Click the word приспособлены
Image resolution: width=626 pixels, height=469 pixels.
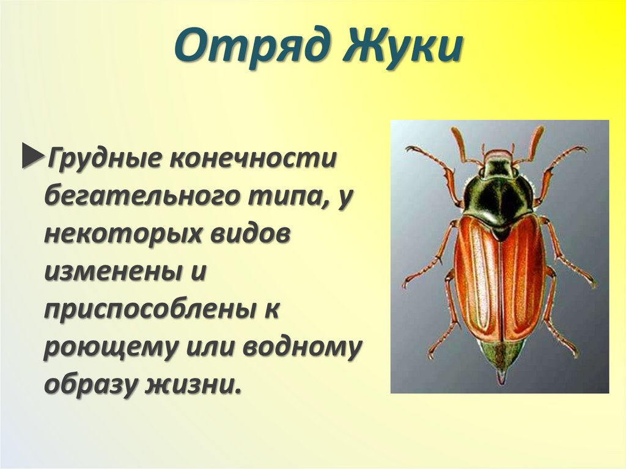click(x=145, y=311)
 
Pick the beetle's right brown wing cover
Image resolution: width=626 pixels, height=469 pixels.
click(x=523, y=275)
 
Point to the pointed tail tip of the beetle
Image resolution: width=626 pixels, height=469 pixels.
click(x=501, y=376)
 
